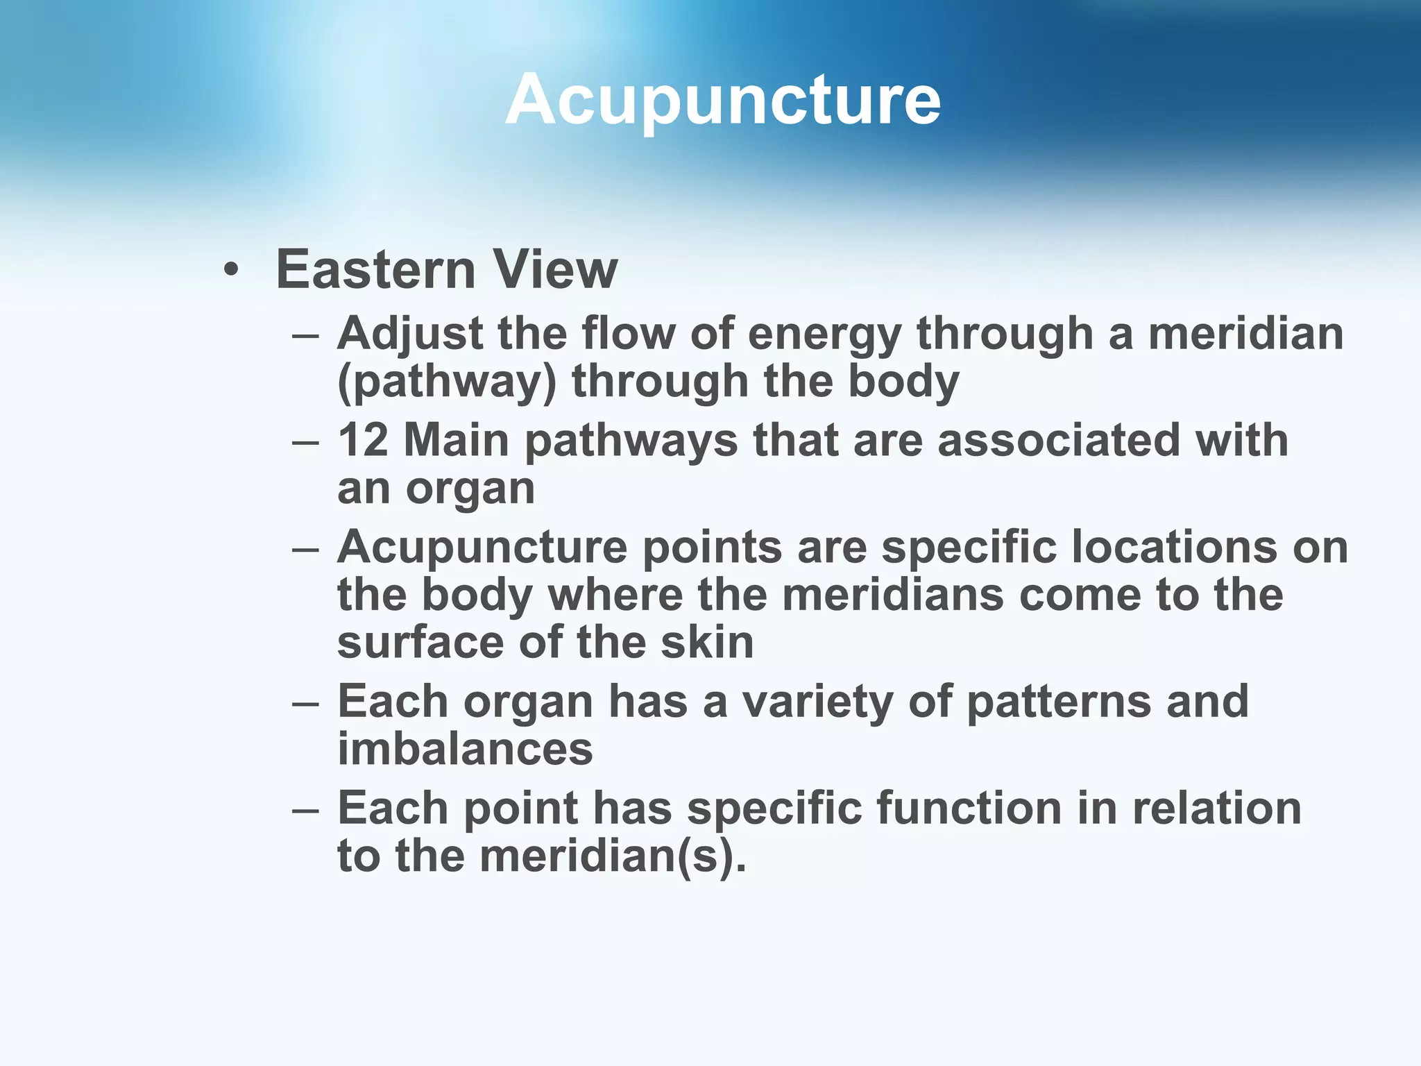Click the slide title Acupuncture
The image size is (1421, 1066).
point(722,101)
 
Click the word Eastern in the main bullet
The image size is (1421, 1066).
point(375,269)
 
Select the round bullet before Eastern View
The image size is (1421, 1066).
point(232,271)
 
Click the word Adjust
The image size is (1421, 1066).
point(409,335)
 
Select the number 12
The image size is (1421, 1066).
point(362,441)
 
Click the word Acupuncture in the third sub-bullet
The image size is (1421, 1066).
point(482,548)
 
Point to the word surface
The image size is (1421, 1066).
point(420,643)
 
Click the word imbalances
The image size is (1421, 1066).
point(465,750)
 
